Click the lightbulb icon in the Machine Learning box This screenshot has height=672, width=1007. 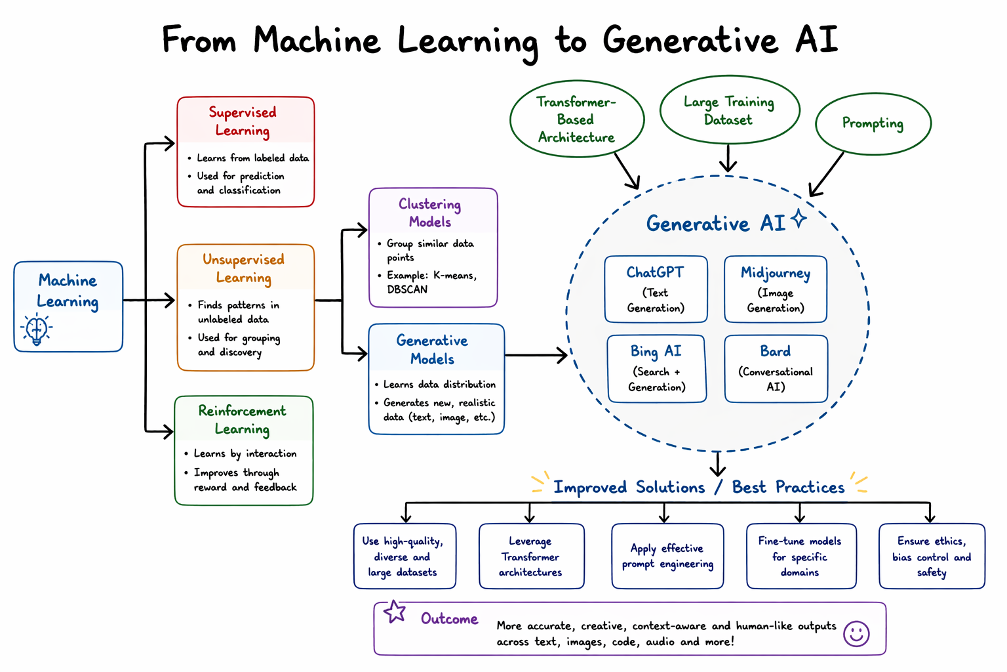tap(37, 329)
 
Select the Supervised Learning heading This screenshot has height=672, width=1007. tap(243, 121)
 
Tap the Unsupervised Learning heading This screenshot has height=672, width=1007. tap(243, 268)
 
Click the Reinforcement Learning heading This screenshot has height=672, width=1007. tap(243, 420)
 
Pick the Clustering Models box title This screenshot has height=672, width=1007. tap(430, 213)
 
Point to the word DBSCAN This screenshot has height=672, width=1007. tap(407, 289)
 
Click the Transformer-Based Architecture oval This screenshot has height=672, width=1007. tap(576, 119)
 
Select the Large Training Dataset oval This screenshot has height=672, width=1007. tap(729, 110)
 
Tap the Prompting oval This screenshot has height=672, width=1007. tap(873, 123)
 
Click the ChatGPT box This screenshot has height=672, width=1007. tap(656, 289)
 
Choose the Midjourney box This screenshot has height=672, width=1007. tap(776, 289)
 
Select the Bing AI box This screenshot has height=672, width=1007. tap(656, 369)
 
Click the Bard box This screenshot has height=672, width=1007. tap(776, 369)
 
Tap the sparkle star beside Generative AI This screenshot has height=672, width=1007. tap(799, 219)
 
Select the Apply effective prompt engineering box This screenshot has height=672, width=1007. tap(667, 556)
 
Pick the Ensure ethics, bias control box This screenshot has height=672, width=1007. tap(932, 556)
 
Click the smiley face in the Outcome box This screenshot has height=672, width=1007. tap(856, 633)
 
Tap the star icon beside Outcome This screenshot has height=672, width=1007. tap(395, 612)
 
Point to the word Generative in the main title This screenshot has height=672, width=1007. tap(690, 41)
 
